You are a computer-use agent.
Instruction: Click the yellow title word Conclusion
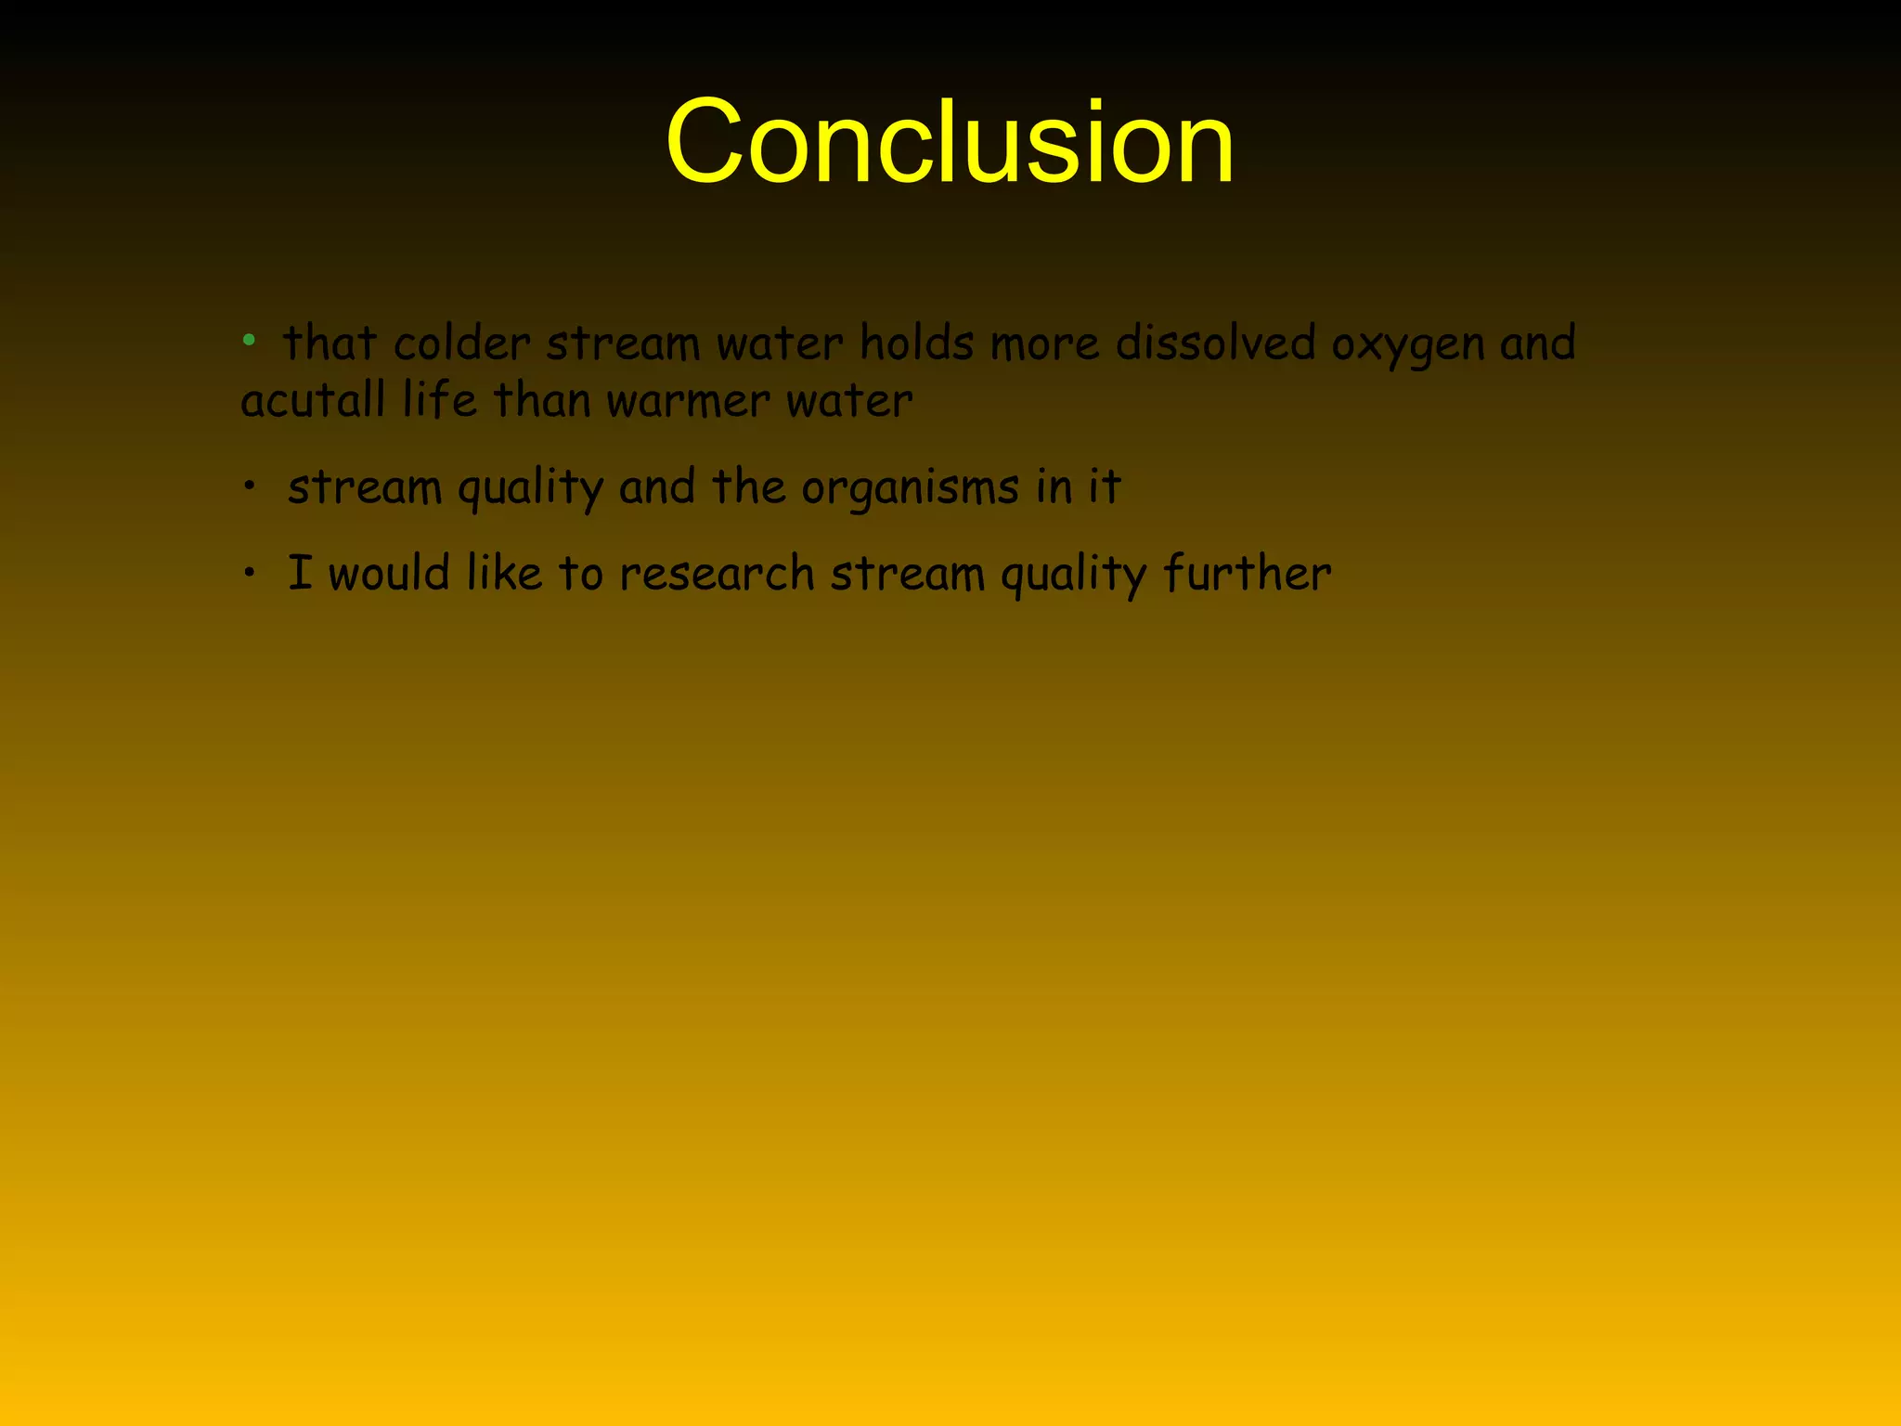[950, 142]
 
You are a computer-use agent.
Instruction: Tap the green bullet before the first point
[249, 341]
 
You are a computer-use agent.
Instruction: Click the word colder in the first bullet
[461, 344]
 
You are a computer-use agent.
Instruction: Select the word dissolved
[1215, 344]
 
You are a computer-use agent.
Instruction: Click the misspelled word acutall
[313, 401]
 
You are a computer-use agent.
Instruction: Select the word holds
[916, 344]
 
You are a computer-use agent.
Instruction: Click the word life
[439, 401]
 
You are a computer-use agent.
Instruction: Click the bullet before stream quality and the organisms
[249, 485]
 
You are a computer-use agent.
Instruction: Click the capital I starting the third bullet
[300, 572]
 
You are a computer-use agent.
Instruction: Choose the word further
[1247, 573]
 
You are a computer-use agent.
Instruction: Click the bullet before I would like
[249, 572]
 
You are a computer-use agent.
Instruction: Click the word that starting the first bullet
[330, 344]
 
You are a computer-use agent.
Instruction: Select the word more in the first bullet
[1044, 344]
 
